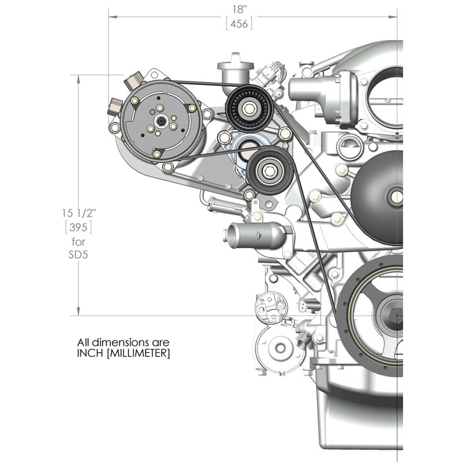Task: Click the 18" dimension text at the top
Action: click(x=239, y=9)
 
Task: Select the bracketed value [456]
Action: click(x=239, y=24)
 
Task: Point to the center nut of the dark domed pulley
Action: click(x=397, y=197)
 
